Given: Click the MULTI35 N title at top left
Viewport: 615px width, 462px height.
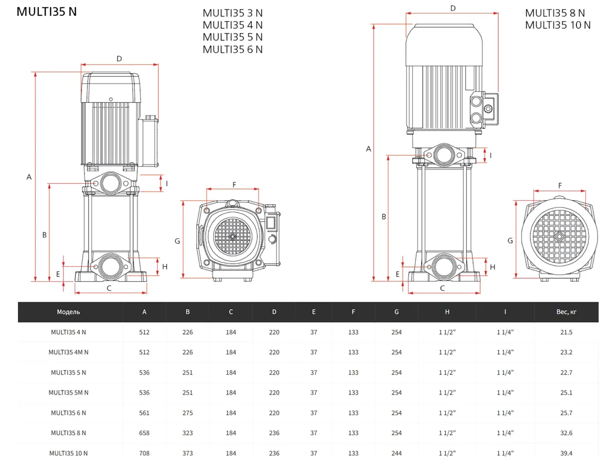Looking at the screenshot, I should click(47, 12).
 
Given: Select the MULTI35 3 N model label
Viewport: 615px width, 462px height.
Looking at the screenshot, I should click(233, 13).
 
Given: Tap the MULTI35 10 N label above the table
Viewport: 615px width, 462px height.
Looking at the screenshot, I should click(558, 25).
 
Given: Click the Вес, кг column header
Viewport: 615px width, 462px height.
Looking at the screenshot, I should click(566, 312).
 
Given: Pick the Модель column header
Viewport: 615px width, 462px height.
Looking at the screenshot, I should click(69, 312).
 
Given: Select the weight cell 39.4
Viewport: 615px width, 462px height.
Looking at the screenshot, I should click(566, 453).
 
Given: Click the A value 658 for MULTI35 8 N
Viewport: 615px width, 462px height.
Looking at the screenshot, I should click(145, 433).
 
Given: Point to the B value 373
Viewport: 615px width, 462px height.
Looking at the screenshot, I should click(188, 453).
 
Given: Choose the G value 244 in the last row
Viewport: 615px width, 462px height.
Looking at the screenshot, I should click(397, 453).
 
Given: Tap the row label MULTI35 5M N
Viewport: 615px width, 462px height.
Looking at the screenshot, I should click(69, 393).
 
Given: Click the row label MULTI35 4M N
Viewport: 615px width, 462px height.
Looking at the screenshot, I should click(69, 352).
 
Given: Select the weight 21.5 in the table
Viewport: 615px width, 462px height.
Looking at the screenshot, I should click(566, 332).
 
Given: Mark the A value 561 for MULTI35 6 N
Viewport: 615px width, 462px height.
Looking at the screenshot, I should click(145, 413).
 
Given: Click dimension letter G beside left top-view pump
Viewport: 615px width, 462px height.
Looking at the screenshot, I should click(177, 241).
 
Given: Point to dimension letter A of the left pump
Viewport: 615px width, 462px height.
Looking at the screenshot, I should click(29, 177).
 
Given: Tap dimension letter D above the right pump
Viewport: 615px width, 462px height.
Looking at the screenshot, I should click(453, 8).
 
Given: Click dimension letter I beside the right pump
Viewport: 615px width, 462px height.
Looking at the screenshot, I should click(490, 155).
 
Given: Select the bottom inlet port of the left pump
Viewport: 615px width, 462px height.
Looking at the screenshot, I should click(110, 267).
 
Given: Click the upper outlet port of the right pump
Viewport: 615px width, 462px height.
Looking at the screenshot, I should click(444, 155).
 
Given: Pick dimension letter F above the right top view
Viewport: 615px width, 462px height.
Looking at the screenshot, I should click(560, 185).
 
